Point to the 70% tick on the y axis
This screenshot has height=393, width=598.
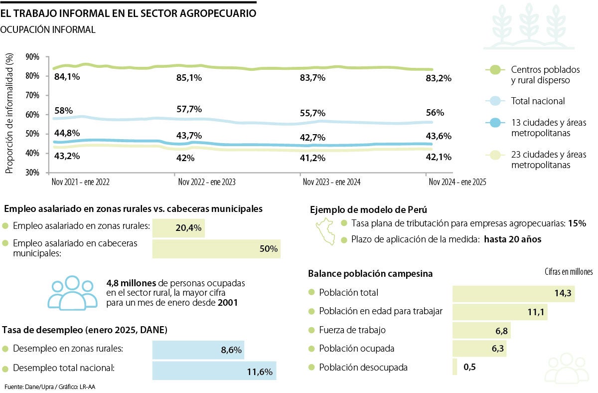tap(32, 95)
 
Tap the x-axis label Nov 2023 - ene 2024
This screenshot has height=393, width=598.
tap(331, 183)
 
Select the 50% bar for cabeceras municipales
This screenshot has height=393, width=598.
tap(216, 248)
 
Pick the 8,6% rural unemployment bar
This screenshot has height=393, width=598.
tap(198, 350)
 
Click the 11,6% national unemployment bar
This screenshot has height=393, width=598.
tap(214, 371)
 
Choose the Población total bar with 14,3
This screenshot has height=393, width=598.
tap(513, 293)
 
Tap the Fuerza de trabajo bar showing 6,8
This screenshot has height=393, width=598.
tap(481, 330)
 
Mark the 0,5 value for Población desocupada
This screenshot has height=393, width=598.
tap(469, 367)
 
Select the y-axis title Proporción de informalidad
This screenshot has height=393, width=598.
tap(9, 114)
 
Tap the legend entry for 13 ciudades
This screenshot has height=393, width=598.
tap(548, 128)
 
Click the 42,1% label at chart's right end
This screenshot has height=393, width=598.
tap(439, 157)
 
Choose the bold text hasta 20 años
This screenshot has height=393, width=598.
tap(512, 239)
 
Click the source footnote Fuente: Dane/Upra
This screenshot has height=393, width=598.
tap(49, 387)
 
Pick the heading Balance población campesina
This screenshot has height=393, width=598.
tap(370, 274)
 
